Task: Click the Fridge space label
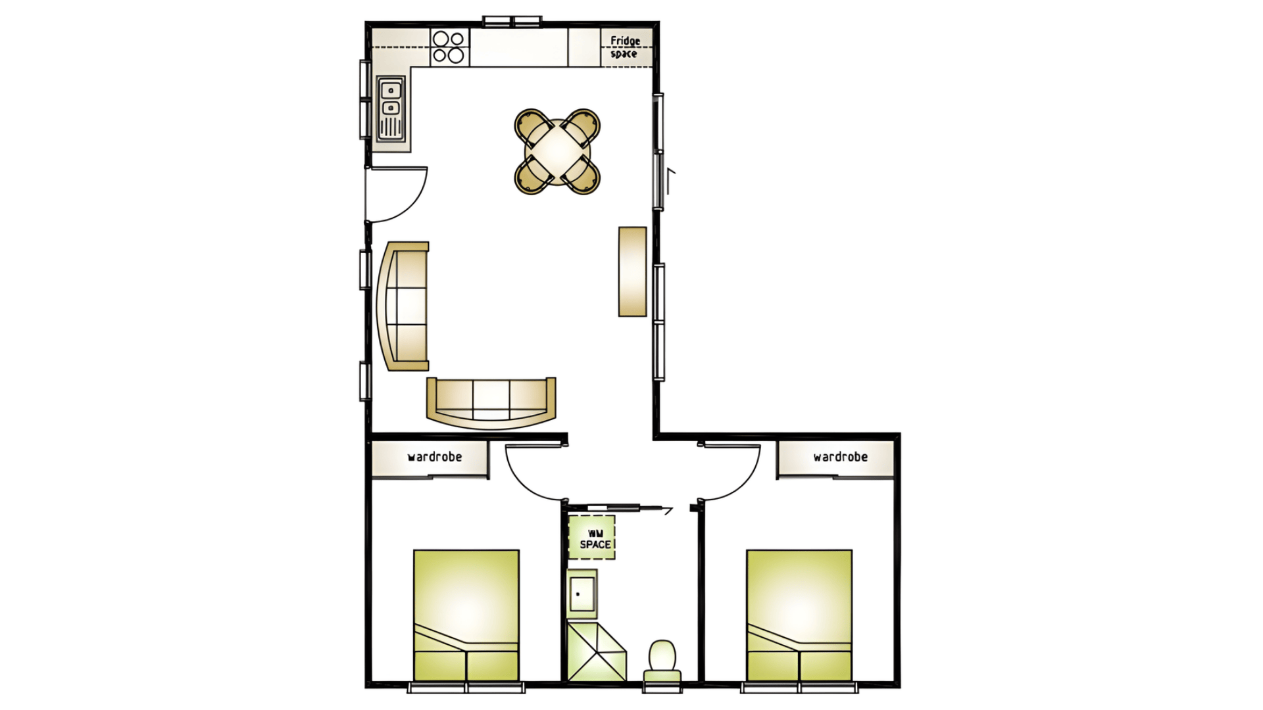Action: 625,47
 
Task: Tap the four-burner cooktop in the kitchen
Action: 450,47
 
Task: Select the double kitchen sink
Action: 391,108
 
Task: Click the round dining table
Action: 557,151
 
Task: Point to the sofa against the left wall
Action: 403,306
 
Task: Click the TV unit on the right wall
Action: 632,272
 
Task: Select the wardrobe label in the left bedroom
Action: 435,457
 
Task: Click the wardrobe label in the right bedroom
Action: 840,457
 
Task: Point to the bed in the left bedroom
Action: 466,615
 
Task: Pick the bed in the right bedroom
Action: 799,615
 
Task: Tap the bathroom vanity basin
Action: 582,593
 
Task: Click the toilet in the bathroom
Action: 662,661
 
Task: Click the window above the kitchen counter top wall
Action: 512,22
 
